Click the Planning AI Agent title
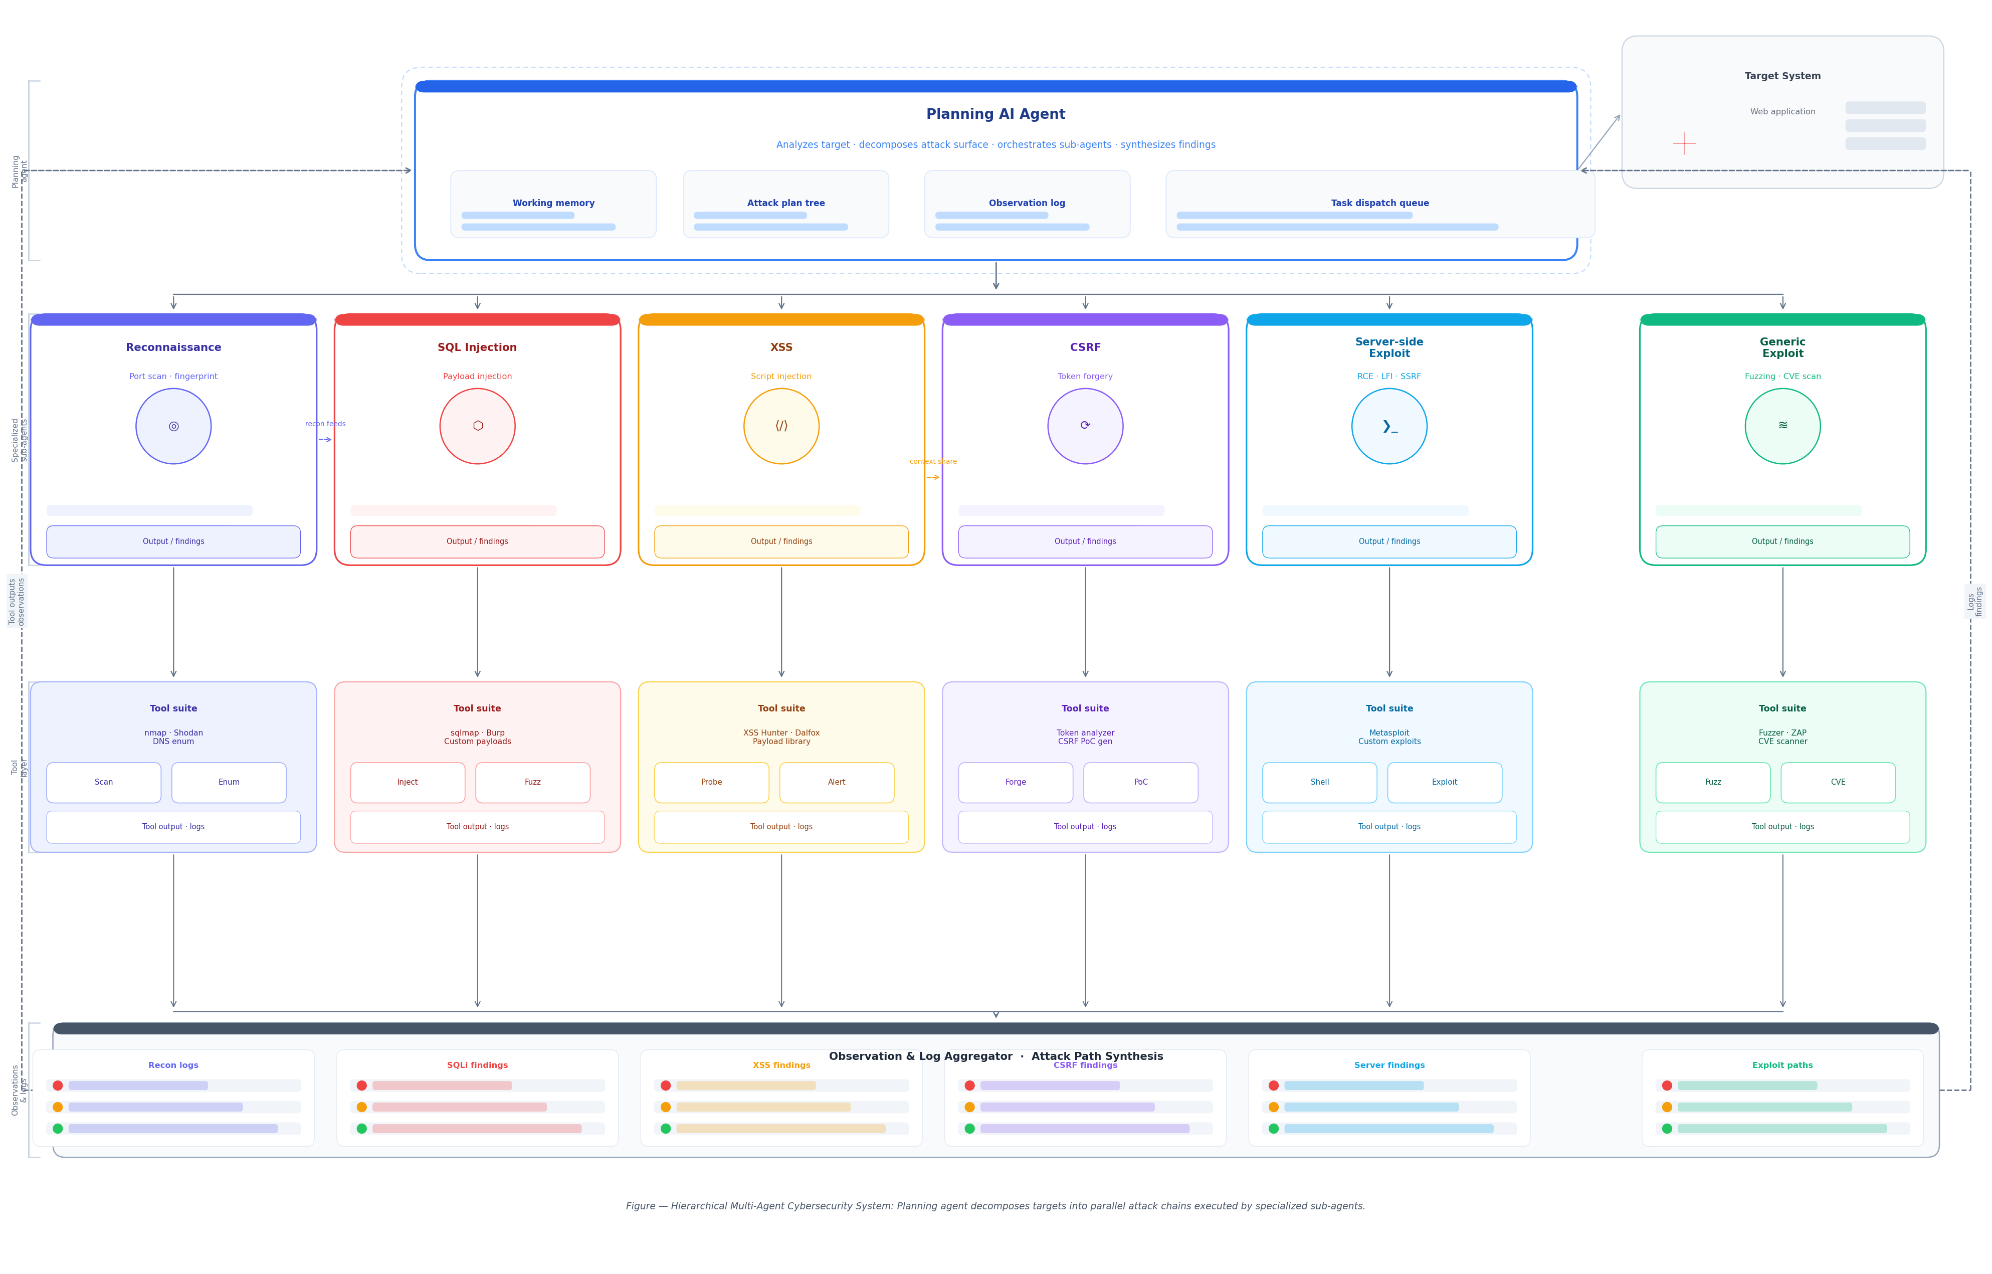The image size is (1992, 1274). (x=995, y=114)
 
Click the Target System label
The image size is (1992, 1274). (x=1782, y=76)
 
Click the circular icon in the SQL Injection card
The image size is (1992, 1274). (x=477, y=426)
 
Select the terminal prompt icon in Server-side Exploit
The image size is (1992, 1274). (x=1389, y=426)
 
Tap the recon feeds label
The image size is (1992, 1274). (x=325, y=424)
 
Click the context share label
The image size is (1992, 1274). (x=932, y=462)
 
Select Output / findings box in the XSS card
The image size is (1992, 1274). (x=781, y=542)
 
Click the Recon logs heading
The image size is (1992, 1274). (x=173, y=1065)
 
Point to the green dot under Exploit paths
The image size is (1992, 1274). (x=1666, y=1129)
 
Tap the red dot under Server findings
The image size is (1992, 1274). (x=1273, y=1085)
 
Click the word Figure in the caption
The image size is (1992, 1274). (x=640, y=1206)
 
